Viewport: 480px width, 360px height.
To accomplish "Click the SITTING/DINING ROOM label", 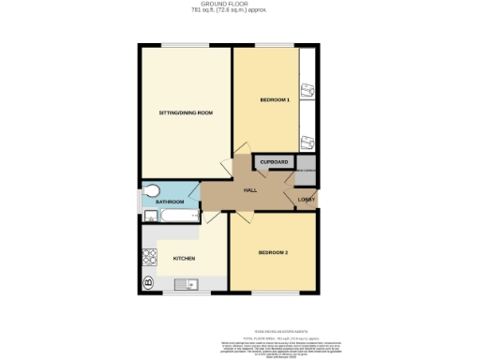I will (186, 112).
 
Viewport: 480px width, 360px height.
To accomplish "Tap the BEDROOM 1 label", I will (275, 99).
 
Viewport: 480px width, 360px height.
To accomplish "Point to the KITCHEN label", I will (183, 258).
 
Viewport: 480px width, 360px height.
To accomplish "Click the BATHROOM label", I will (169, 202).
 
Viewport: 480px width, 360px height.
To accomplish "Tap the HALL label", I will (250, 190).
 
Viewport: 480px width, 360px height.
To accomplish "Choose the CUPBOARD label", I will (275, 162).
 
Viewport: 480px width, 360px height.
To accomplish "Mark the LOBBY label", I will (306, 200).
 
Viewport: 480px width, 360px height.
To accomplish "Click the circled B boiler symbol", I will (148, 281).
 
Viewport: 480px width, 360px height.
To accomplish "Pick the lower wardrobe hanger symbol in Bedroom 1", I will (307, 142).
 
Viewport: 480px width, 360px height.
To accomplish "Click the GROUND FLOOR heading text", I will (240, 4).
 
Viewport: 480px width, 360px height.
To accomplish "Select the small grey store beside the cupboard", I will (306, 171).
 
